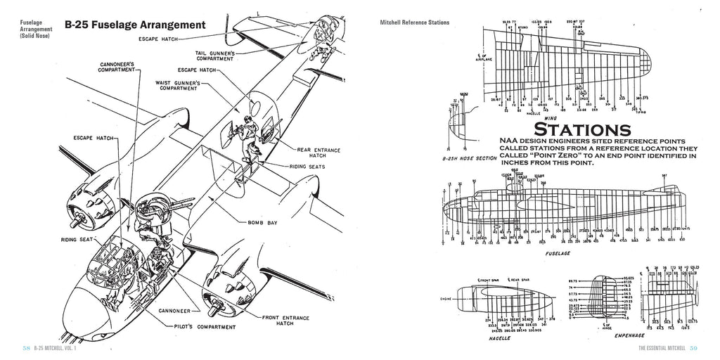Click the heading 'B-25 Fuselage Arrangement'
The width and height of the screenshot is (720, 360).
[135, 25]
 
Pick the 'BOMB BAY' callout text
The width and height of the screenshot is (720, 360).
[262, 222]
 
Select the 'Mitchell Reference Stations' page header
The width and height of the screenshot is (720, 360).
[413, 22]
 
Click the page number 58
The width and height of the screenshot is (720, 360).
[26, 349]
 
